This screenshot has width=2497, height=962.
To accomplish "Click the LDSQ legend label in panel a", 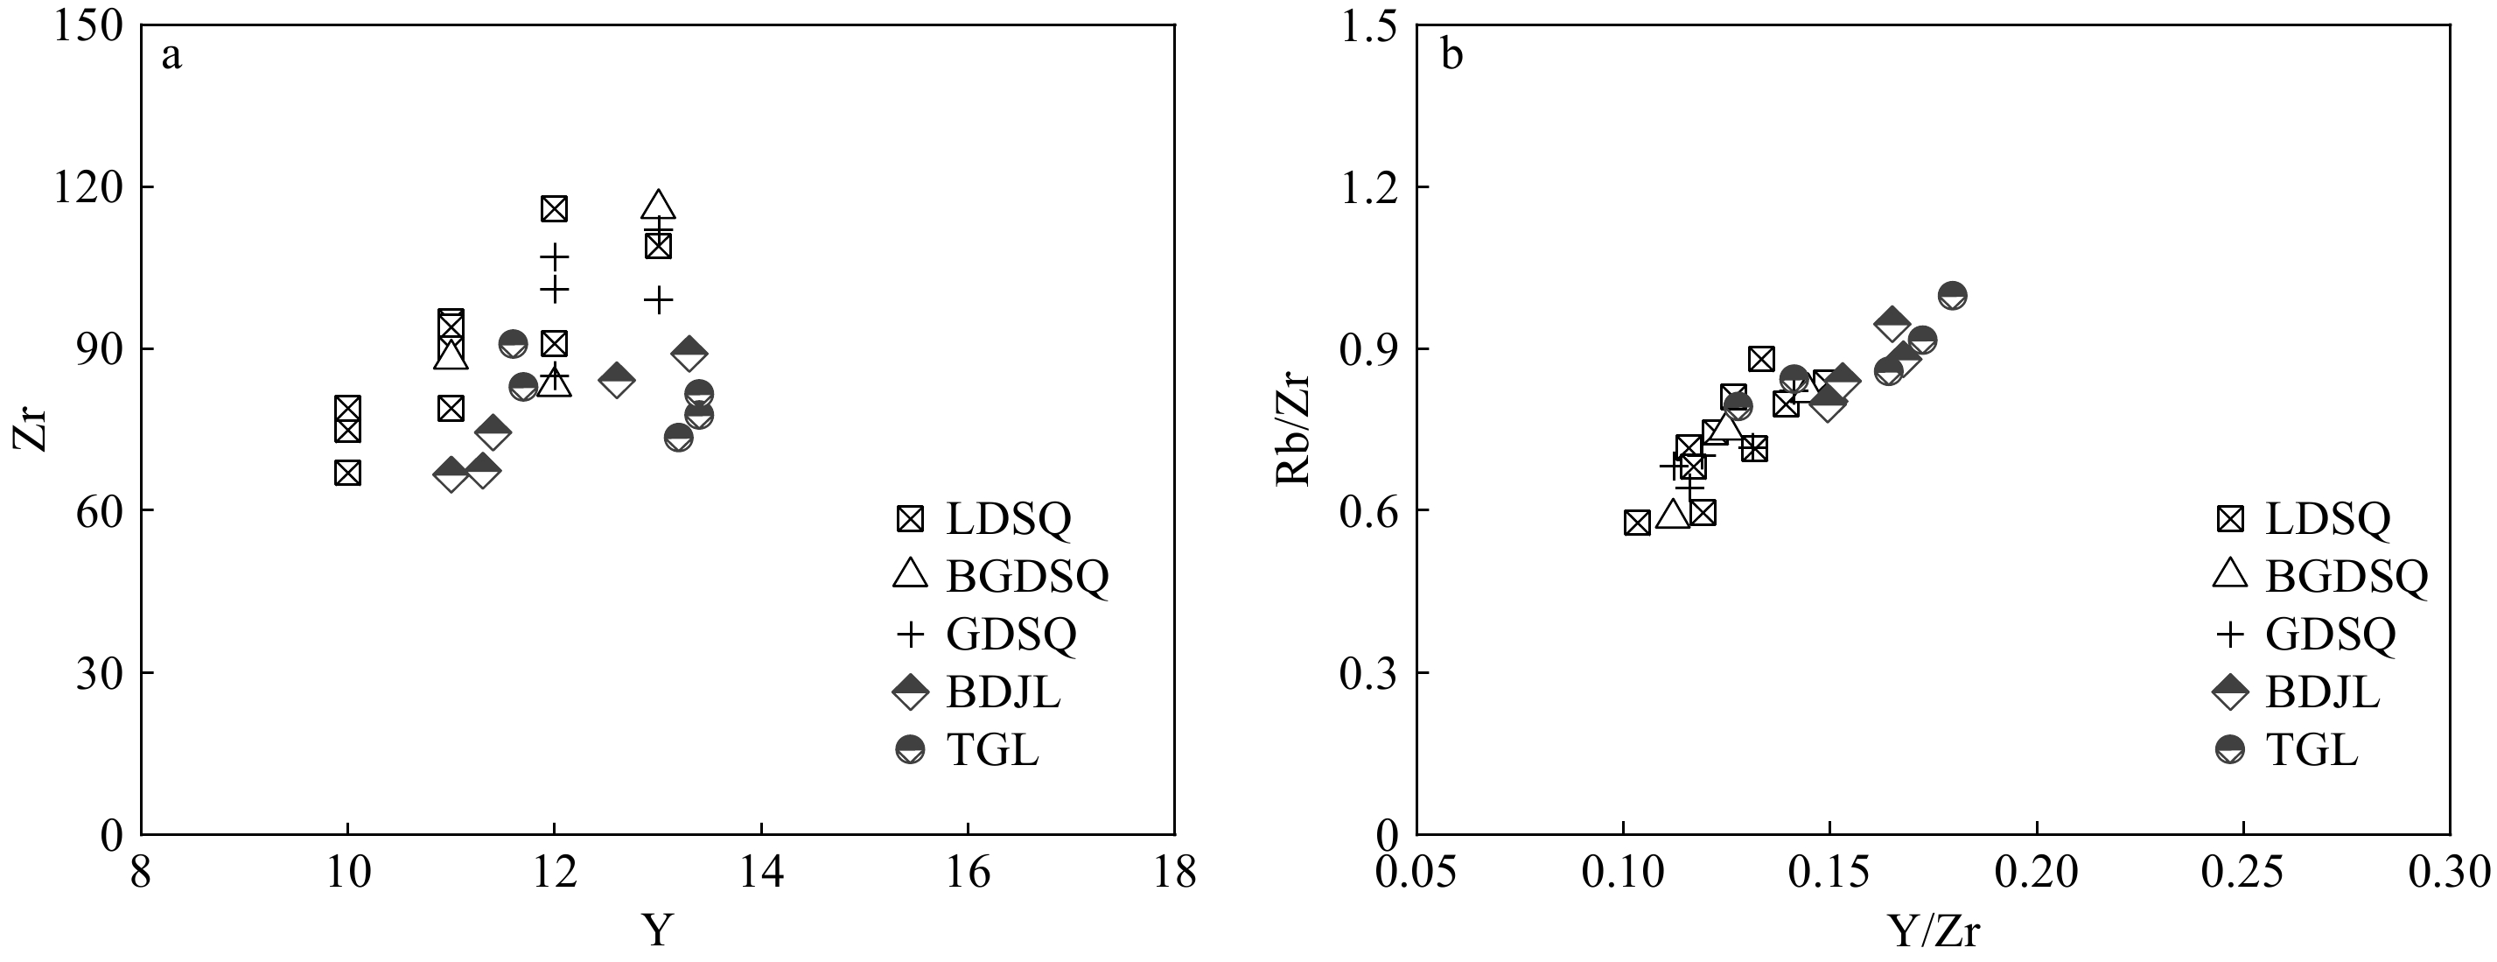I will click(1008, 520).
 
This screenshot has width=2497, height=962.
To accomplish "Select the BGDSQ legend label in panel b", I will click(2347, 577).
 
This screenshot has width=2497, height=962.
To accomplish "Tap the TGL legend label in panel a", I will click(993, 749).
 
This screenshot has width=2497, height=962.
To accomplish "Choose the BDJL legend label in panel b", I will click(2323, 692).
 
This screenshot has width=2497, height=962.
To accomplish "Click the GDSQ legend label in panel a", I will click(1011, 635).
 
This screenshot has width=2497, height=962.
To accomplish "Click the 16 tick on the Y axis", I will click(968, 873).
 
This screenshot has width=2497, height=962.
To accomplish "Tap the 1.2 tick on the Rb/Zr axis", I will click(1367, 186).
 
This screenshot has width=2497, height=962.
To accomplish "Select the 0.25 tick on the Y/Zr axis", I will click(2243, 873).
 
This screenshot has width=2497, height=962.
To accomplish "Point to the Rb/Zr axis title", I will click(1293, 429).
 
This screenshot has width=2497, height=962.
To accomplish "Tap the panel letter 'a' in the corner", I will click(171, 56).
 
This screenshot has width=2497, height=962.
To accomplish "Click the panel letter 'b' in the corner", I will click(1451, 56).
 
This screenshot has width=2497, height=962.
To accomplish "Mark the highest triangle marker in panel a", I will click(658, 206).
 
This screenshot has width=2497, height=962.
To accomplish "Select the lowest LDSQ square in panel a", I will click(348, 474).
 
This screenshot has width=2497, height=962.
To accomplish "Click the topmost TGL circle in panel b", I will click(1952, 295).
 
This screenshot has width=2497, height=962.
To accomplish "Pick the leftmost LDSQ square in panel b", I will click(1637, 523).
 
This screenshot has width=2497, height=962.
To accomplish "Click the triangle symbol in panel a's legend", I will click(910, 575).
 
